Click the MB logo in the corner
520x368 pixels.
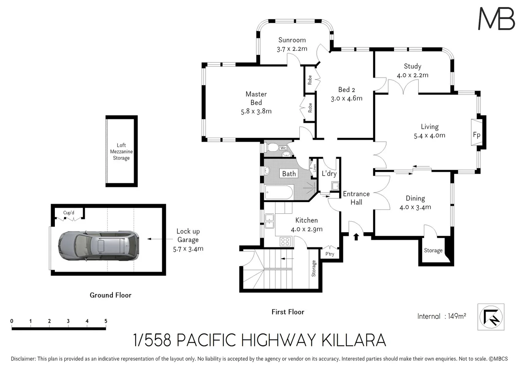click(496, 19)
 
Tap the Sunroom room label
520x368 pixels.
click(292, 40)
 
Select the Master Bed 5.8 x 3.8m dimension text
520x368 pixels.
click(256, 111)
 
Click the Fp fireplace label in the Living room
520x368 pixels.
click(476, 135)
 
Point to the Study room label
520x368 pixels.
click(412, 66)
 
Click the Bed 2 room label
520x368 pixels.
click(346, 90)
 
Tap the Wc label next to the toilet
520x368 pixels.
click(283, 148)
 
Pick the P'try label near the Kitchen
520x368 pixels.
click(330, 254)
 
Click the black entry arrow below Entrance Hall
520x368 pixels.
click(356, 236)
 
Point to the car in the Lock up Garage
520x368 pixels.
click(98, 246)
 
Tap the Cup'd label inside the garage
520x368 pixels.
click(68, 213)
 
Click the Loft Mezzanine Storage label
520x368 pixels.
click(121, 152)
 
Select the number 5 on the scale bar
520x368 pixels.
click(106, 321)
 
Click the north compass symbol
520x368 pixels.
click(491, 317)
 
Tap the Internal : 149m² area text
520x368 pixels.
click(441, 316)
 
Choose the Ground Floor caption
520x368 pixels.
click(110, 295)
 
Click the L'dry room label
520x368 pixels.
click(329, 173)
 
